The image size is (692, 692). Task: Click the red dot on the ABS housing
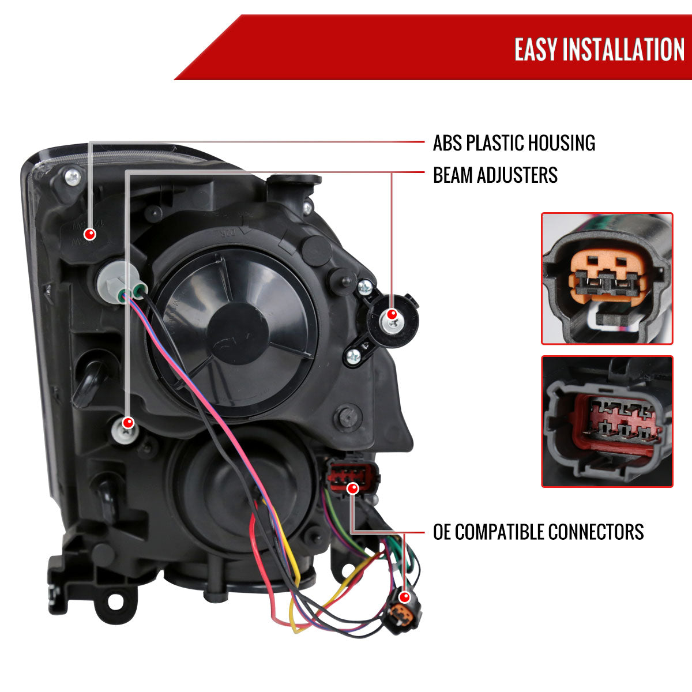89,234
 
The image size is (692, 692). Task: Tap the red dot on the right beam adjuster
392,314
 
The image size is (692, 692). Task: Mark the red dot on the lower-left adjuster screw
128,422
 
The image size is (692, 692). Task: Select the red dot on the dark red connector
353,488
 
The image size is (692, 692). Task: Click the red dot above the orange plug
405,597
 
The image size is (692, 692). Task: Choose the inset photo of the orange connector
607,279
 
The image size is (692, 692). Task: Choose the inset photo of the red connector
607,422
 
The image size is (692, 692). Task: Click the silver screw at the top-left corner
73,177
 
